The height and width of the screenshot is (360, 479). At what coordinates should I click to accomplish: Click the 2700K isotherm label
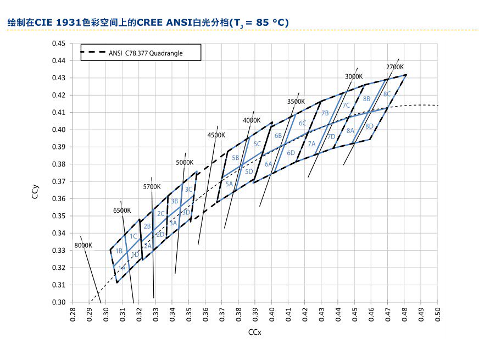(x=395, y=67)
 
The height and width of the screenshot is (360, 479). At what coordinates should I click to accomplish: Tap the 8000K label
(x=83, y=245)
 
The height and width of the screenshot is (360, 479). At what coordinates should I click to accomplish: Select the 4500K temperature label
(x=216, y=135)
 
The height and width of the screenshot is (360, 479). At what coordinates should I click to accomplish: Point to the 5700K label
(x=152, y=187)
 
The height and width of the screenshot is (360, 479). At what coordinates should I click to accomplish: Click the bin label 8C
(x=387, y=94)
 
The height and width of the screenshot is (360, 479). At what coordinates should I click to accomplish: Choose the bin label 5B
(x=236, y=158)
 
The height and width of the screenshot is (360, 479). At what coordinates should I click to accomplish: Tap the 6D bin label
(x=291, y=153)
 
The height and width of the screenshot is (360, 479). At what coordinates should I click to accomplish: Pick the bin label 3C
(x=188, y=190)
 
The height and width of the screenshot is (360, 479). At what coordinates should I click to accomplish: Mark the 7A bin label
(x=311, y=144)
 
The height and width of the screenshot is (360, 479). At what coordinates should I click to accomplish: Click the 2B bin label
(x=147, y=226)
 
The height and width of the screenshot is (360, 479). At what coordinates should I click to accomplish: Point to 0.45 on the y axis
(x=59, y=43)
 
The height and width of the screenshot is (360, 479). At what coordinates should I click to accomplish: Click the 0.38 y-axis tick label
(x=59, y=164)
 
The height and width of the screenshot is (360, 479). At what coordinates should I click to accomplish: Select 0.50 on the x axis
(x=437, y=314)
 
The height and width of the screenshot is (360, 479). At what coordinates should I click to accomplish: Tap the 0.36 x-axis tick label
(x=205, y=314)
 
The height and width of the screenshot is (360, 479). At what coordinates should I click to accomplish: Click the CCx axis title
(x=255, y=332)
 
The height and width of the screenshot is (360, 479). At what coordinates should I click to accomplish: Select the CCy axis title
(x=35, y=192)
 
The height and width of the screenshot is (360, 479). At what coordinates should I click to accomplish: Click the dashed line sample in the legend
(x=93, y=52)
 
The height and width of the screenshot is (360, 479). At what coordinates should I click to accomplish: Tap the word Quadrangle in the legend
(x=166, y=53)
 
